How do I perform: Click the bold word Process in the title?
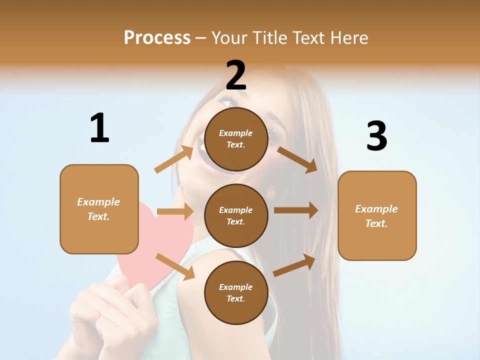click(157, 37)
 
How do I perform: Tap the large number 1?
click(99, 128)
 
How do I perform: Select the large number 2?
click(236, 75)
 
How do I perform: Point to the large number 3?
click(376, 136)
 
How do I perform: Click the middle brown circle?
click(236, 215)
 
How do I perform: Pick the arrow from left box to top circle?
click(174, 159)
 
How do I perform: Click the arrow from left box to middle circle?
click(175, 211)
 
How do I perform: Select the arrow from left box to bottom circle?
click(175, 266)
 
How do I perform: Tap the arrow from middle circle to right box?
click(296, 210)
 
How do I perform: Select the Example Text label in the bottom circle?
click(235, 293)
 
